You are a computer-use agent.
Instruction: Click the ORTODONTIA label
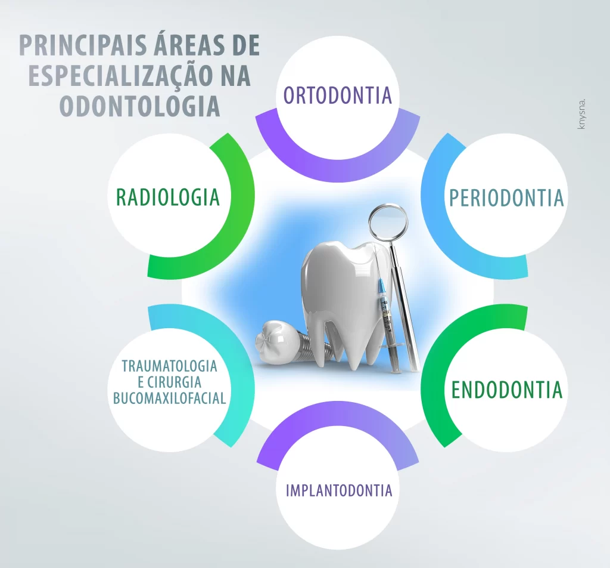coord(338,95)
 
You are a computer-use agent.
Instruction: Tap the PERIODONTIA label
coord(506,197)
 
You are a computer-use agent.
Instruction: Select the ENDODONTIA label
coord(506,390)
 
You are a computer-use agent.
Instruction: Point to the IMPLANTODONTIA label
coord(339,490)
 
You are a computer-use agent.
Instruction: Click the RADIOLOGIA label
coord(168,197)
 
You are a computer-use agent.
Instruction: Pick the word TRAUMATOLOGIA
coord(170,366)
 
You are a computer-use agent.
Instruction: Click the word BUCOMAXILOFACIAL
coord(170,397)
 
